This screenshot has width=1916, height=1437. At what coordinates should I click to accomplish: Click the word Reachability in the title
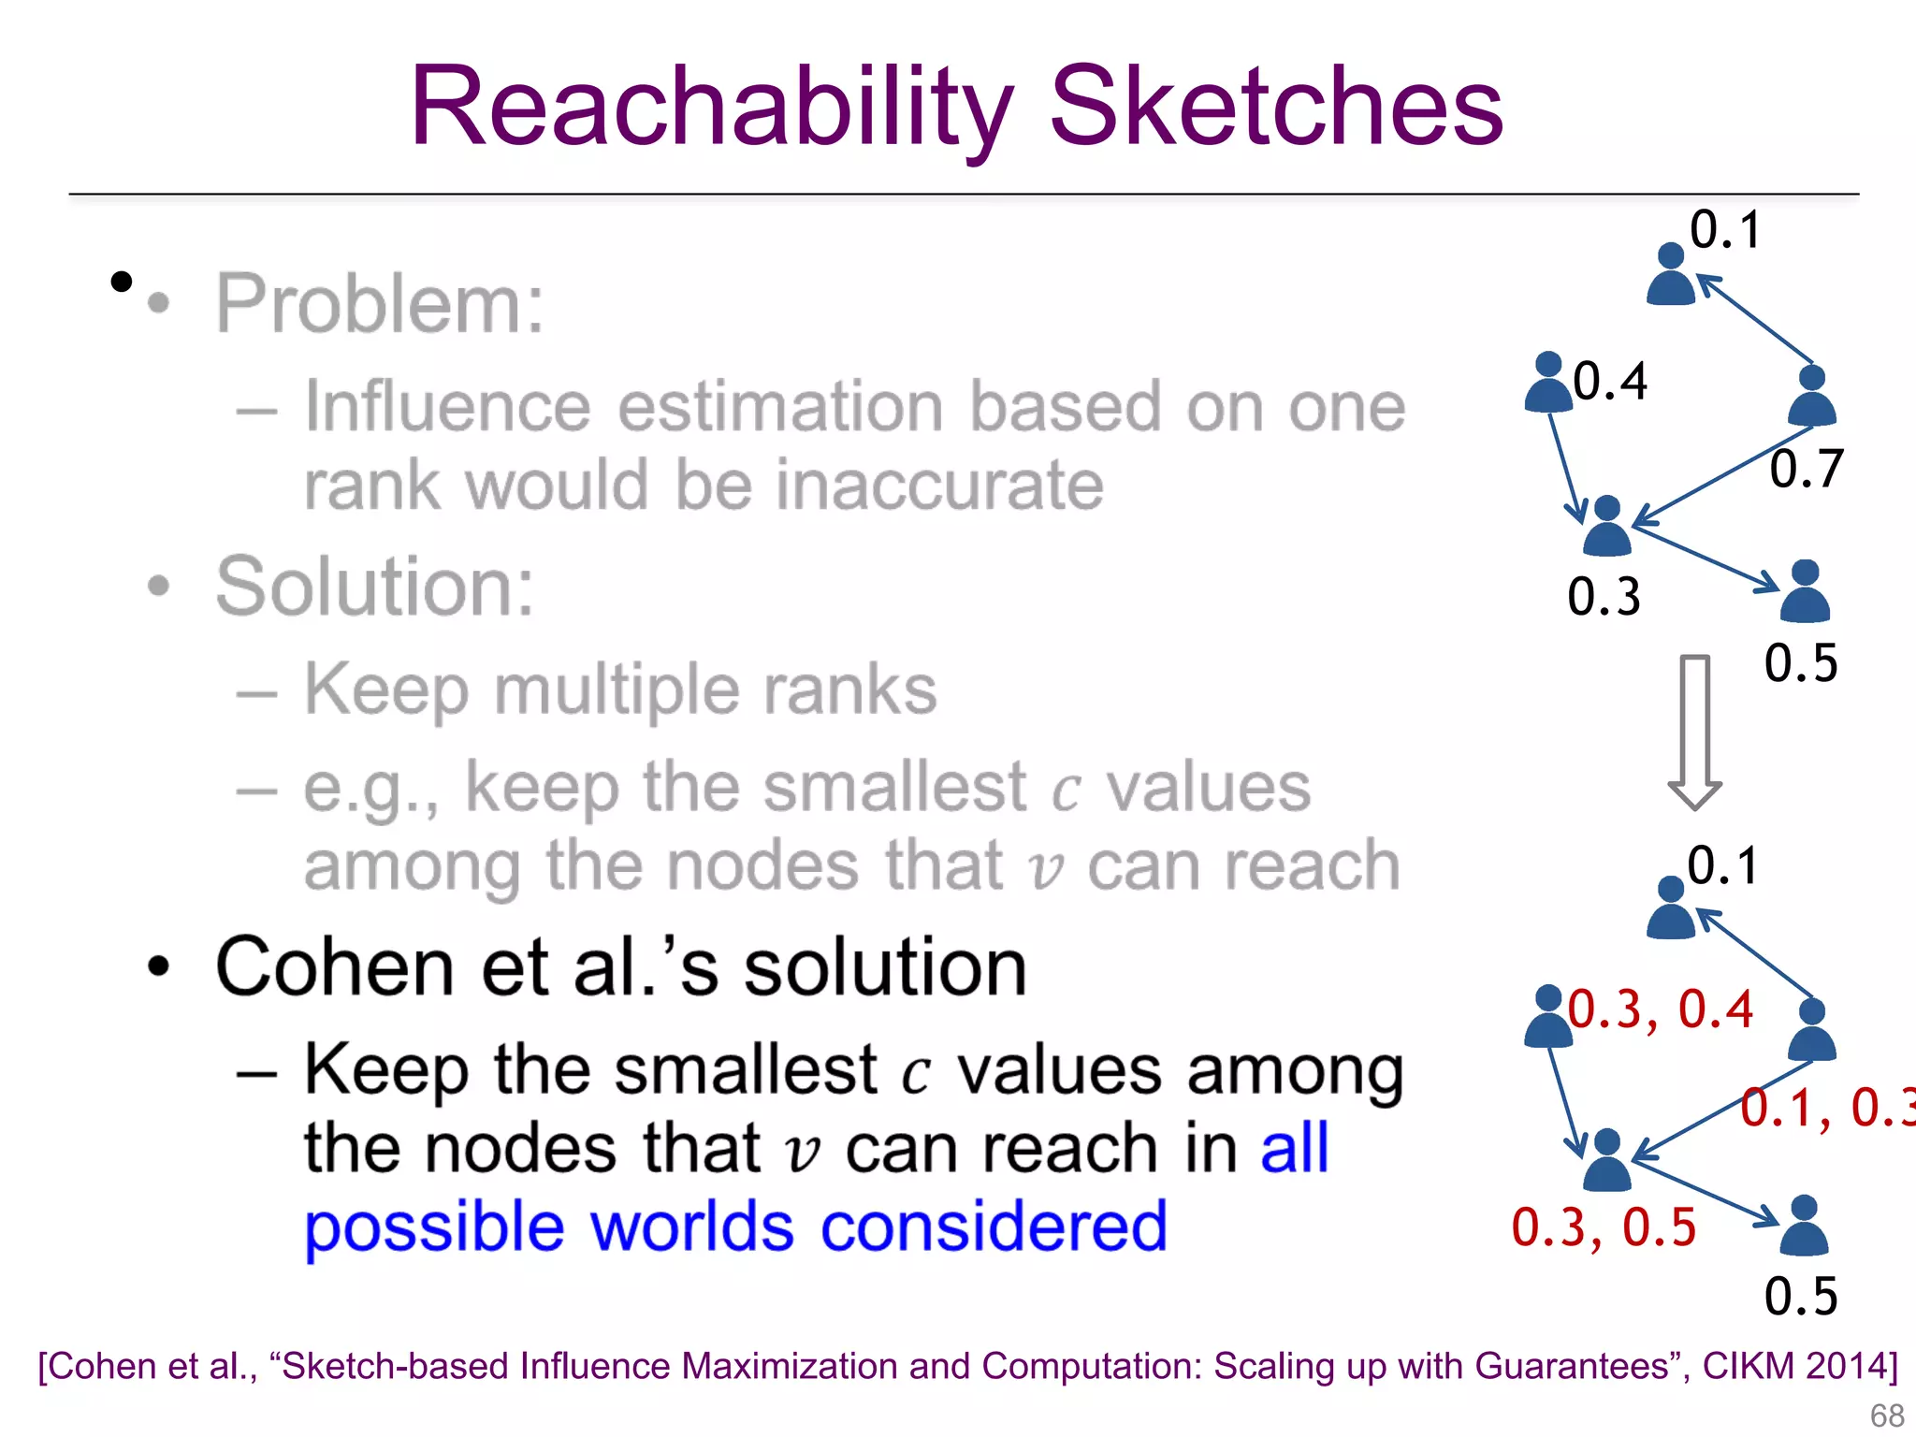pos(711,108)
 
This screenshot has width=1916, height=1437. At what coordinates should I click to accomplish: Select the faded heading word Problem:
pos(380,304)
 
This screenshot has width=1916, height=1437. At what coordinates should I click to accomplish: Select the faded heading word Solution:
pos(375,588)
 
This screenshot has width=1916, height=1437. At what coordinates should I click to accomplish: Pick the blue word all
pos(1294,1149)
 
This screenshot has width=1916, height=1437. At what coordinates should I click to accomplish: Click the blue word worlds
pos(692,1227)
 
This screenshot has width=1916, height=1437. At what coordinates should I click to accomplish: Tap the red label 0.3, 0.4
pos(1660,1009)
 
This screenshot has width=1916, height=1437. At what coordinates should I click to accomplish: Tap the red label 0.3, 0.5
pos(1604,1227)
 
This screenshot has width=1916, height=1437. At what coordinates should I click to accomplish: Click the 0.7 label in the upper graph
pos(1806,470)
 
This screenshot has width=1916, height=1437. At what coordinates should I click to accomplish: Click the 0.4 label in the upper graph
pos(1610,382)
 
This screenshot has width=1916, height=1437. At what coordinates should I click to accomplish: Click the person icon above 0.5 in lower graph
pos(1804,1227)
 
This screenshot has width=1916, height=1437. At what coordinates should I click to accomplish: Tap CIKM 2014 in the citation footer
pos(1796,1367)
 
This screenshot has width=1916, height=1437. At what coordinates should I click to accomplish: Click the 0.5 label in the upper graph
pos(1801,663)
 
